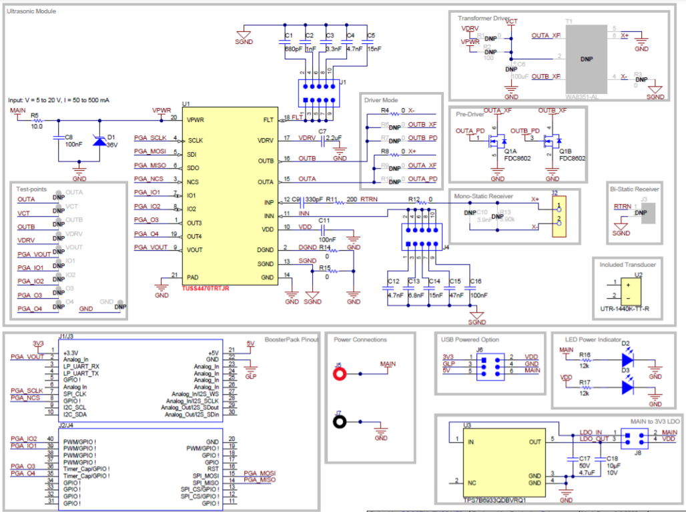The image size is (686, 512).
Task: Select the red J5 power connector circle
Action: pos(340,374)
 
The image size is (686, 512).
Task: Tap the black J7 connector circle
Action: pos(340,422)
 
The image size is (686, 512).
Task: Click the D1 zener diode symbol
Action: pos(99,141)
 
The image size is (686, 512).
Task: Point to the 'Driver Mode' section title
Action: pos(381,100)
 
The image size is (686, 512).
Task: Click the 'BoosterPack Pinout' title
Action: pos(291,339)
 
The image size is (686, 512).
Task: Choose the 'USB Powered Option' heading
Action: pos(470,339)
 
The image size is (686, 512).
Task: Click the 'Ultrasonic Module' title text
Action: pos(32,11)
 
